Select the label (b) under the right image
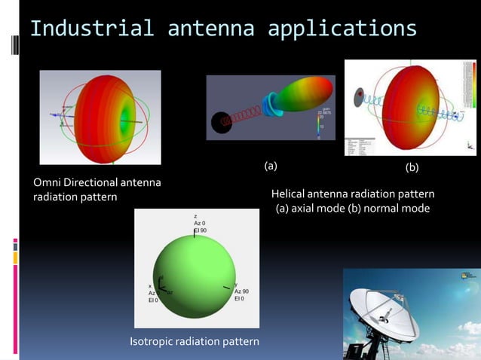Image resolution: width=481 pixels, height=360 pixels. pos(413,166)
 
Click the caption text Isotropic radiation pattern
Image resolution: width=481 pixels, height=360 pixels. pos(195,342)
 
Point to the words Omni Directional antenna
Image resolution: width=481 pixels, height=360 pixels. pos(97,182)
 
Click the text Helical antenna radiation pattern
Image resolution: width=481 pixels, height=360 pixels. pos(352,194)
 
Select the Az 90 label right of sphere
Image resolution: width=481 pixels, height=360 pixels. pos(242,291)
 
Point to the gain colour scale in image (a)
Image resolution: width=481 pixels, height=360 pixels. pos(321,124)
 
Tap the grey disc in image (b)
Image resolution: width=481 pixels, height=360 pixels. pos(360,96)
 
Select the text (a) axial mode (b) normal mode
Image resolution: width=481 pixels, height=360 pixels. pos(352,208)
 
